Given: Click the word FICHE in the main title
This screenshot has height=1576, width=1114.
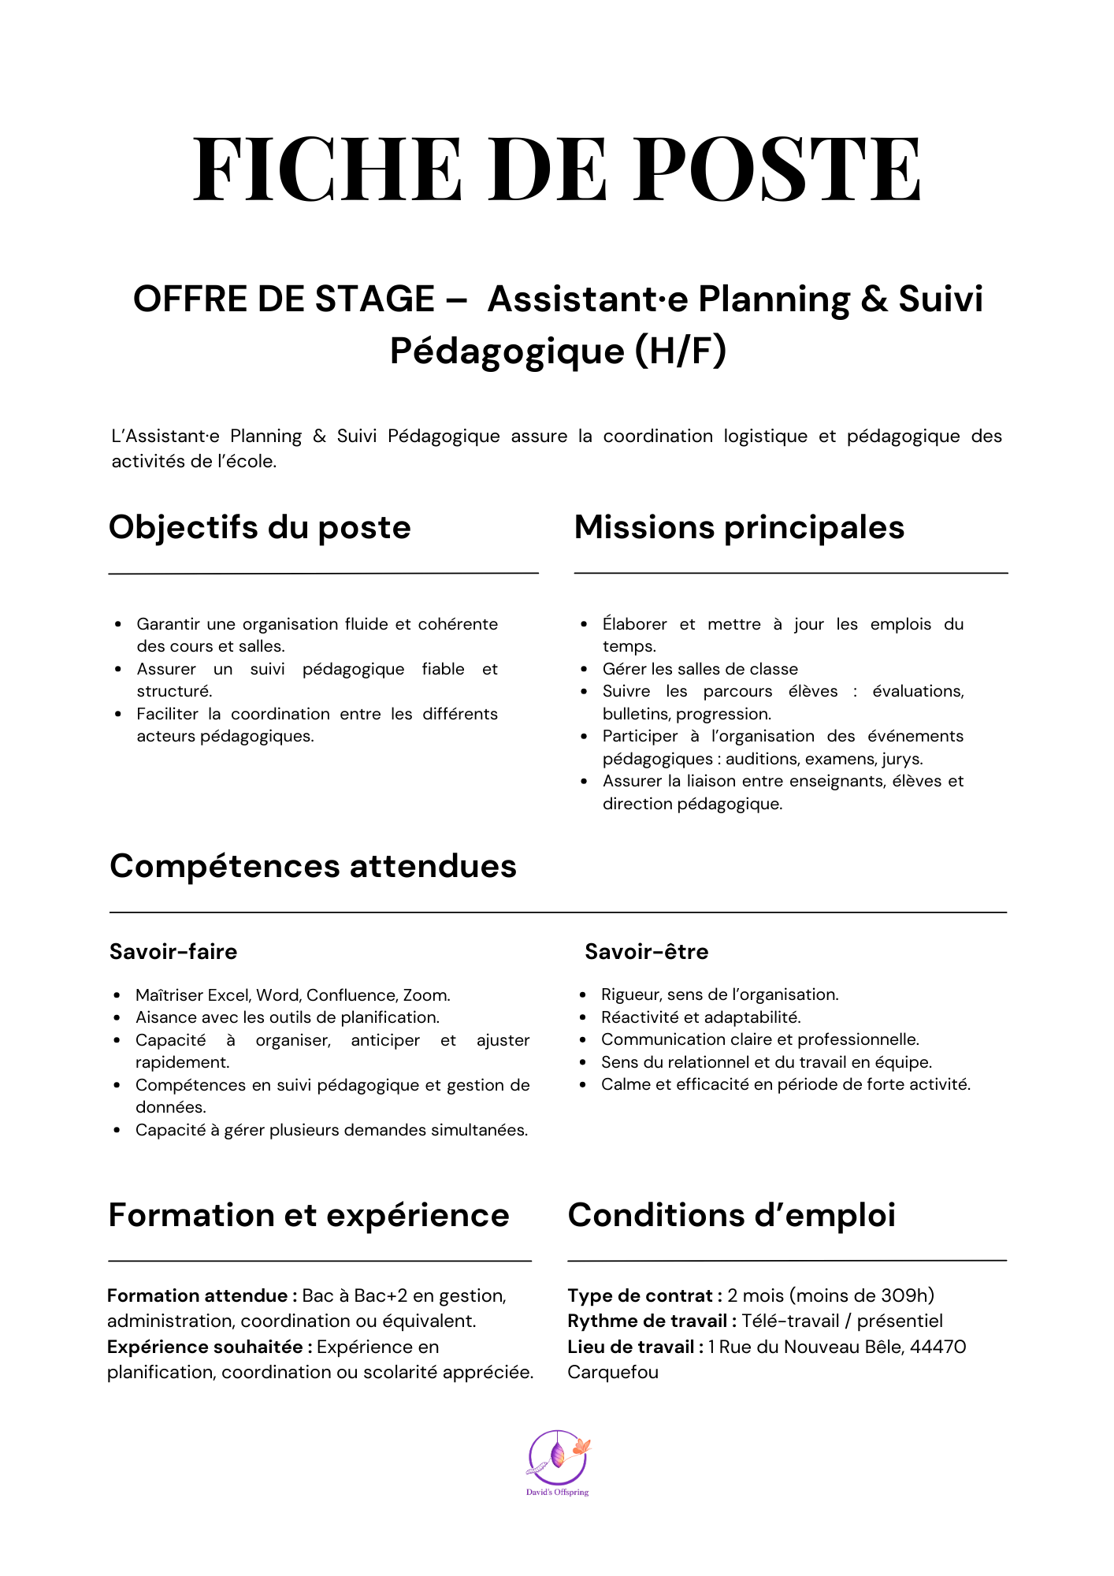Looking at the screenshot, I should [x=327, y=169].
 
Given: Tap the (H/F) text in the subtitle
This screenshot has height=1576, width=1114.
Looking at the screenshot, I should [x=681, y=351].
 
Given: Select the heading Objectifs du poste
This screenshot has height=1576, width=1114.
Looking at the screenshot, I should [x=260, y=527].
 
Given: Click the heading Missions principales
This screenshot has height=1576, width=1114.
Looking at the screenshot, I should [x=739, y=527].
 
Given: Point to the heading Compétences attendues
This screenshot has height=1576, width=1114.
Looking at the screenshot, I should [x=313, y=866].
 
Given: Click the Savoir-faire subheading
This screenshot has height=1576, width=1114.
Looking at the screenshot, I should [x=173, y=952].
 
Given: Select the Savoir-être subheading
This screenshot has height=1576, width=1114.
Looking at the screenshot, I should [x=646, y=952].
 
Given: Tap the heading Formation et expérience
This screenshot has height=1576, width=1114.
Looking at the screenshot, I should [x=309, y=1215].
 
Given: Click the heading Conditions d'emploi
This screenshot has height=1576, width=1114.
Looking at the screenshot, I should [x=731, y=1215].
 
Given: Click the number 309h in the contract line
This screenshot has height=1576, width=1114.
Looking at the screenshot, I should [x=906, y=1295].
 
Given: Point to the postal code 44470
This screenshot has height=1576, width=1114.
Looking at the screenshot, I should [x=938, y=1347].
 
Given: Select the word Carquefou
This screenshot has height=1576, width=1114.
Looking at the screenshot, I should [x=613, y=1372].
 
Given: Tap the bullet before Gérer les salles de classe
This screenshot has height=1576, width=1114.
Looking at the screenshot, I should [x=584, y=670].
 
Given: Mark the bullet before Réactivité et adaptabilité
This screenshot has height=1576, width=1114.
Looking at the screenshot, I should [x=583, y=1018].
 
